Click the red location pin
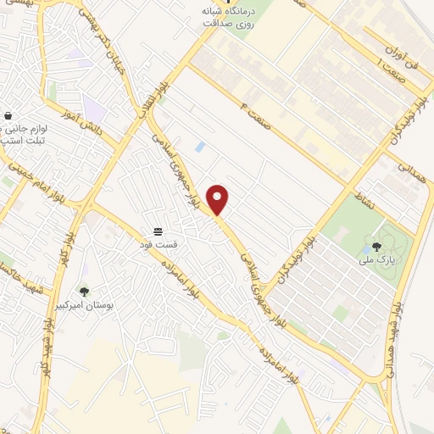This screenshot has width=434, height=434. point(218,199)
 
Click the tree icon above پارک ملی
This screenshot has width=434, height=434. point(376,248)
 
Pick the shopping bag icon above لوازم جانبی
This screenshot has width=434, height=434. point(8,116)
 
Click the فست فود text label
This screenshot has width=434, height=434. point(159,245)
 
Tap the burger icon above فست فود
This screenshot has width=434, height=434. point(159,231)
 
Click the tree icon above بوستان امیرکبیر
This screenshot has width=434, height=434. point(83,291)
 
